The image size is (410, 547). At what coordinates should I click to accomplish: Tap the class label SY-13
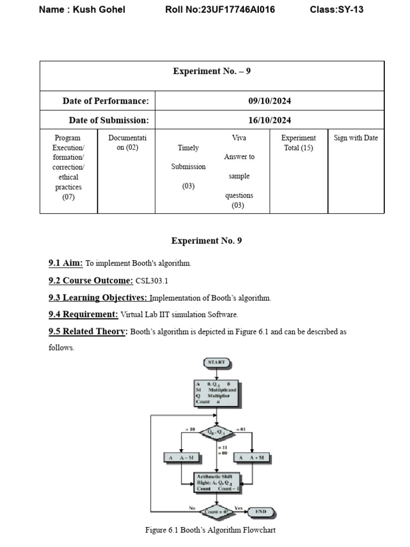[350, 10]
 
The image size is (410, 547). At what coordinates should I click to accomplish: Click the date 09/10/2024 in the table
[270, 101]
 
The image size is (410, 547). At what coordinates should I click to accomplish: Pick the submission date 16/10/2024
[270, 120]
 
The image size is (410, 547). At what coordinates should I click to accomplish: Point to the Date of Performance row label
[106, 101]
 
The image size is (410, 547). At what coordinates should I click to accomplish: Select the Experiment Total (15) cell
[298, 143]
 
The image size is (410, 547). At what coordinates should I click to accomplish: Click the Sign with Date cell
[356, 138]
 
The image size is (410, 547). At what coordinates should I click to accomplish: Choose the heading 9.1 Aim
[66, 263]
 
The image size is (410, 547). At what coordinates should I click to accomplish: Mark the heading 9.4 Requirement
[83, 314]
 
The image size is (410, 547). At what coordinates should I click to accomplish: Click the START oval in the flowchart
[216, 362]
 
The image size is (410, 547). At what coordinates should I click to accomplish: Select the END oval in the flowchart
[261, 511]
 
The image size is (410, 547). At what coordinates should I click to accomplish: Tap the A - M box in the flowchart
[182, 458]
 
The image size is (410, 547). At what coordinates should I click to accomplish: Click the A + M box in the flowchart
[252, 458]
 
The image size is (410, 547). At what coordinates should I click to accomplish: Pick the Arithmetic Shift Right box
[216, 482]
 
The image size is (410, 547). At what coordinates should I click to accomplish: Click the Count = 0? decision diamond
[216, 511]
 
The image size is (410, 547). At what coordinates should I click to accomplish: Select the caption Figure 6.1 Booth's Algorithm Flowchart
[210, 530]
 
